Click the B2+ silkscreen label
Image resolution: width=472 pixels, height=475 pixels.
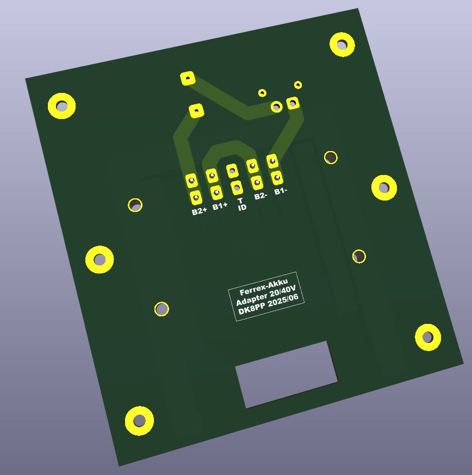[200, 211]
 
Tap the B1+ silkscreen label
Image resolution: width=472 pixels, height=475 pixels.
[220, 206]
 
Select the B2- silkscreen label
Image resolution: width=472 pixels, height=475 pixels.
[260, 196]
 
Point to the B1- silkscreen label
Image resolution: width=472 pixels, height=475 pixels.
[281, 191]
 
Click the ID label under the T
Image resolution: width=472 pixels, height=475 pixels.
[242, 208]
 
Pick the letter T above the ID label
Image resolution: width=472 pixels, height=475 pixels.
[240, 201]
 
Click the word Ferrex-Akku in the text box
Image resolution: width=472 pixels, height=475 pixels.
[263, 287]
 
